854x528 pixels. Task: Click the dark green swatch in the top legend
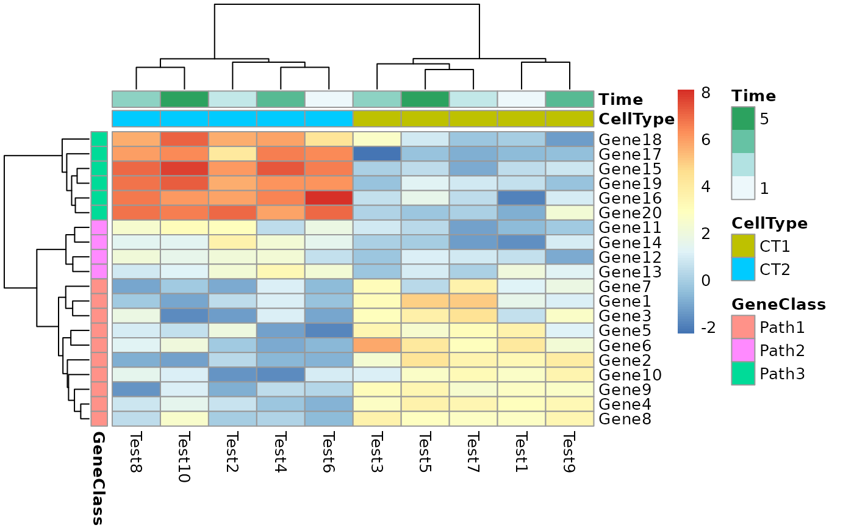pyautogui.click(x=743, y=118)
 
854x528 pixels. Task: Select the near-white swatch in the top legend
pyautogui.click(x=743, y=188)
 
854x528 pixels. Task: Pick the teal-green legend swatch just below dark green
pyautogui.click(x=743, y=141)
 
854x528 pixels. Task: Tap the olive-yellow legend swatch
pyautogui.click(x=743, y=246)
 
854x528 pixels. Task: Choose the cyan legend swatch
pyautogui.click(x=743, y=269)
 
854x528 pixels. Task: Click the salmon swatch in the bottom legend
pyautogui.click(x=743, y=327)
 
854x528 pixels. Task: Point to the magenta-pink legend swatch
pyautogui.click(x=743, y=350)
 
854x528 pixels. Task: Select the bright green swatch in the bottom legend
pyautogui.click(x=743, y=373)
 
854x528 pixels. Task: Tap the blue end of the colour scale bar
pyautogui.click(x=686, y=330)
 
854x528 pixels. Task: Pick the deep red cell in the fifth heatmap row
pyautogui.click(x=329, y=198)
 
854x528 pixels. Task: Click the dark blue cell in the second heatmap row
pyautogui.click(x=377, y=154)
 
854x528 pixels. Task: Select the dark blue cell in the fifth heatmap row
pyautogui.click(x=522, y=198)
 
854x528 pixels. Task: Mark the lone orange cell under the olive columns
pyautogui.click(x=377, y=345)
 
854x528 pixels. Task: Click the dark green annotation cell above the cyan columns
pyautogui.click(x=184, y=99)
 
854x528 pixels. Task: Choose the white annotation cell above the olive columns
pyautogui.click(x=522, y=99)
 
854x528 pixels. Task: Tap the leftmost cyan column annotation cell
pyautogui.click(x=136, y=118)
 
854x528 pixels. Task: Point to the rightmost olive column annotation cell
pyautogui.click(x=570, y=118)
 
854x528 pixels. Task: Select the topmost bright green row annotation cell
pyautogui.click(x=99, y=139)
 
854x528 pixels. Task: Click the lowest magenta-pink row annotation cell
pyautogui.click(x=99, y=271)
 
